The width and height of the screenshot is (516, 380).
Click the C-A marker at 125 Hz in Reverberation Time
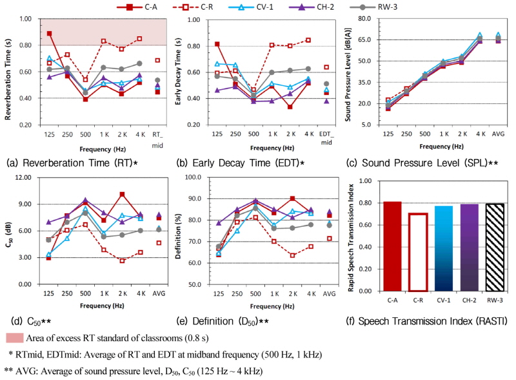[50, 33]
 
